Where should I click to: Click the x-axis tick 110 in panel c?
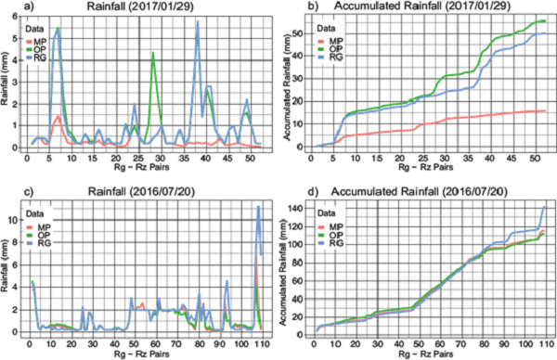(264, 341)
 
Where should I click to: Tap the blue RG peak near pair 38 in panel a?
(198, 22)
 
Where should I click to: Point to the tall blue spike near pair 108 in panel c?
(259, 207)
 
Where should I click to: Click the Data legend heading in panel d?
(323, 215)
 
